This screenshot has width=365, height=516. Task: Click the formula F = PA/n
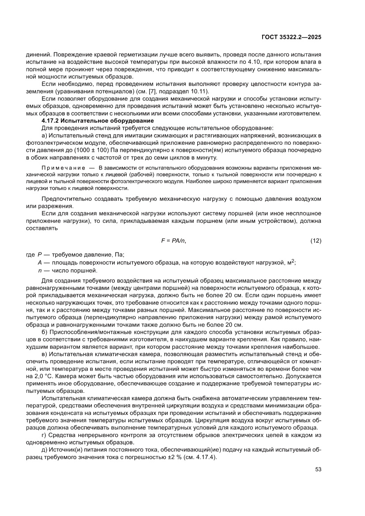coord(173,241)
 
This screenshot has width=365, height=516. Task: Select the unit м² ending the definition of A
coord(290,263)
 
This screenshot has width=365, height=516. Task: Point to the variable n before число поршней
coord(40,270)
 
